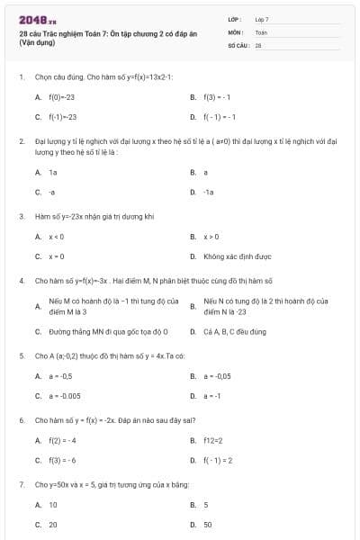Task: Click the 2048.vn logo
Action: pos(38,19)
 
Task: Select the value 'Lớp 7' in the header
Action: pos(262,19)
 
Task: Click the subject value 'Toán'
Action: pos(261,31)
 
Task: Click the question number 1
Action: pos(21,76)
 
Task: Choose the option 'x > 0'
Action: pos(211,237)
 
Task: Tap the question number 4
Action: pos(21,281)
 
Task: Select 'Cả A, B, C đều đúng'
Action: pos(235,331)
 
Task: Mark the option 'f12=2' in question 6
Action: pos(213,440)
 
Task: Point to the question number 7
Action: pos(21,484)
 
